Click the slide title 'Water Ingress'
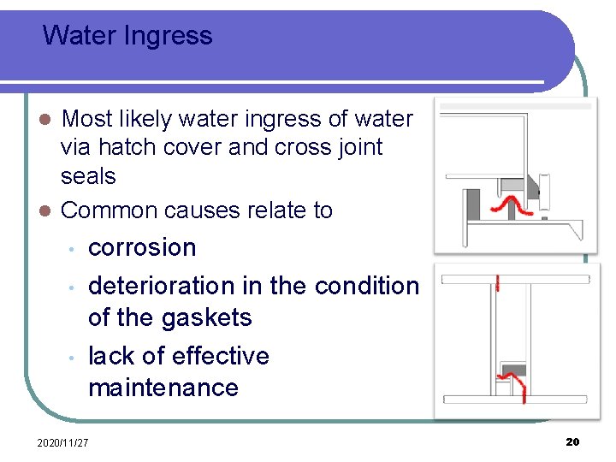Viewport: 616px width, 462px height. [127, 36]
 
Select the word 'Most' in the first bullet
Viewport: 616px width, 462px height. [88, 119]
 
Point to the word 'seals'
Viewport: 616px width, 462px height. [88, 176]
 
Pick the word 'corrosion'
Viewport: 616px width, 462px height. [142, 248]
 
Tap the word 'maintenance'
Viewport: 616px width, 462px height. [163, 388]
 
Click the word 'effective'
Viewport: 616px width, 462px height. [220, 356]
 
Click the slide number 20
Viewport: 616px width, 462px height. [572, 441]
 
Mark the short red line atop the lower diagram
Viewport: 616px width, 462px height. [498, 284]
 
